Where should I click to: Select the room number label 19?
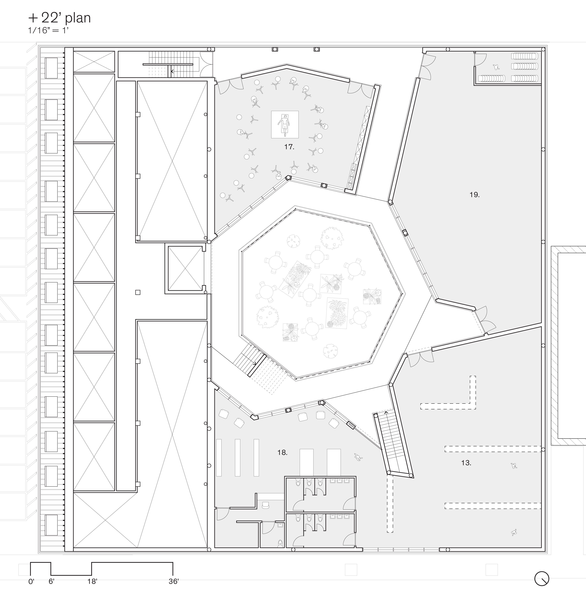click(x=475, y=195)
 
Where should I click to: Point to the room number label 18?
click(x=282, y=452)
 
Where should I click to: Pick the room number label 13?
click(x=466, y=463)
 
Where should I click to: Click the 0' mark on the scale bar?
click(x=31, y=581)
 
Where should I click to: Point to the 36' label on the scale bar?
click(x=174, y=581)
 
